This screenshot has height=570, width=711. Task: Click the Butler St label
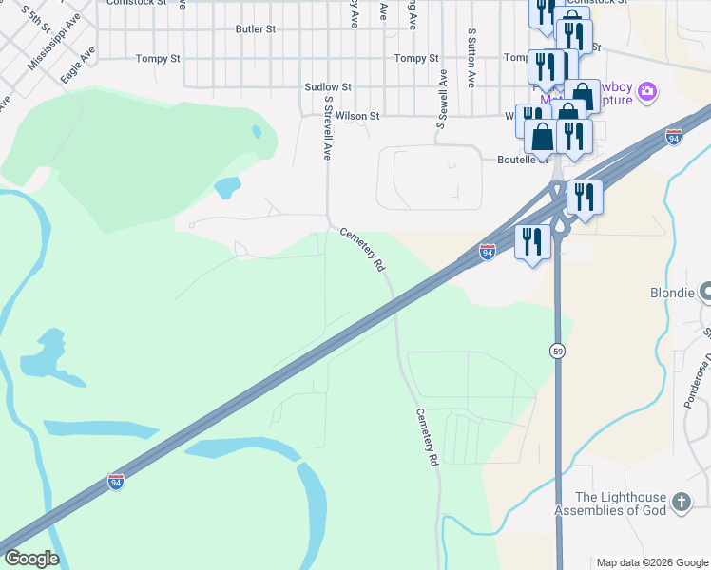[x=256, y=29]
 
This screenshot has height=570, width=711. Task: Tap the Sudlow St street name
[x=328, y=86]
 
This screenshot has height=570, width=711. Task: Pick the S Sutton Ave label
[x=471, y=58]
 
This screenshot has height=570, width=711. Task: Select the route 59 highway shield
[x=558, y=351]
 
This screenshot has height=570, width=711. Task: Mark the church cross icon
[x=681, y=502]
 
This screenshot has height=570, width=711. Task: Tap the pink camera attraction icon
[x=646, y=92]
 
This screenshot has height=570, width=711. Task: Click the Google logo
[x=30, y=559]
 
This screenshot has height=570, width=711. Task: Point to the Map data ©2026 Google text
[x=653, y=562]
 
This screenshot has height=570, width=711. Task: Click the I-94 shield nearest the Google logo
[x=115, y=481]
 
